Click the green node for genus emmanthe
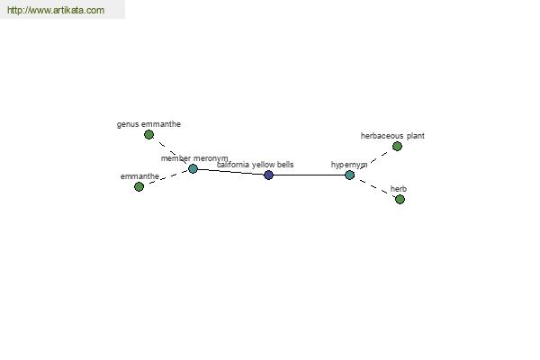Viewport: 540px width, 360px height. tap(148, 134)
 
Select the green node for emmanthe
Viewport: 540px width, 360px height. tap(139, 186)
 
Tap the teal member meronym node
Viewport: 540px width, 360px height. tap(193, 168)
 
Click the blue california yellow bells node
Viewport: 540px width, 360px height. tap(268, 175)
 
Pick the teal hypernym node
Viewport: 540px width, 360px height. tap(349, 175)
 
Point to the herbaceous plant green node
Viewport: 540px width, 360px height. tap(397, 146)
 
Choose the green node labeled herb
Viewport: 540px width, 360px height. tap(400, 199)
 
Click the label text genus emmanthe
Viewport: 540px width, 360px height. tap(148, 124)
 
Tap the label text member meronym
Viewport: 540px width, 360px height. tap(194, 158)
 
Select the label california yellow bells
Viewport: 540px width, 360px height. tap(256, 165)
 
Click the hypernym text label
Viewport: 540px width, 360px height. tap(349, 165)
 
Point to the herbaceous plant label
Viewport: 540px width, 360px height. tap(392, 136)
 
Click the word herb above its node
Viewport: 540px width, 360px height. tap(399, 189)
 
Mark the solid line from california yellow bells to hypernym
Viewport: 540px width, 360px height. tap(309, 175)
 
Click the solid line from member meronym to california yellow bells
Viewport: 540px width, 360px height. tap(230, 172)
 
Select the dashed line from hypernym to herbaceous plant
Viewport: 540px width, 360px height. tap(373, 160)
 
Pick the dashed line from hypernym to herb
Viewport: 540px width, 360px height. tap(374, 187)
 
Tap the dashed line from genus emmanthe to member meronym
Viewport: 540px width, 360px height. tap(171, 151)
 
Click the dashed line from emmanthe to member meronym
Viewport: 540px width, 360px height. tap(166, 177)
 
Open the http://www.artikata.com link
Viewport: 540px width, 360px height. tap(56, 10)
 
